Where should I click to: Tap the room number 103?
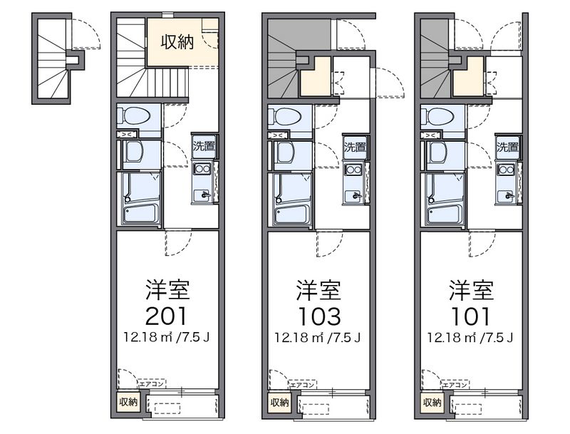[318, 314]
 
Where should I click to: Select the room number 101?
[470, 314]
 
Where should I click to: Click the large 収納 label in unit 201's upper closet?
[176, 43]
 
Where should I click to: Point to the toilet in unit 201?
[135, 115]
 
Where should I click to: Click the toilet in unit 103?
[286, 115]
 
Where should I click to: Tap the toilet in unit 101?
[439, 115]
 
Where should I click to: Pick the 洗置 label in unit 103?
[354, 148]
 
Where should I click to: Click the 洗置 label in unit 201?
[202, 148]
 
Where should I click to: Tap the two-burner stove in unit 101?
[507, 170]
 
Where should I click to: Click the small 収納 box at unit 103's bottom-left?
[279, 403]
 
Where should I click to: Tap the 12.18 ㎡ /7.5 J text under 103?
[318, 337]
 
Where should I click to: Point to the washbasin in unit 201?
[133, 152]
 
